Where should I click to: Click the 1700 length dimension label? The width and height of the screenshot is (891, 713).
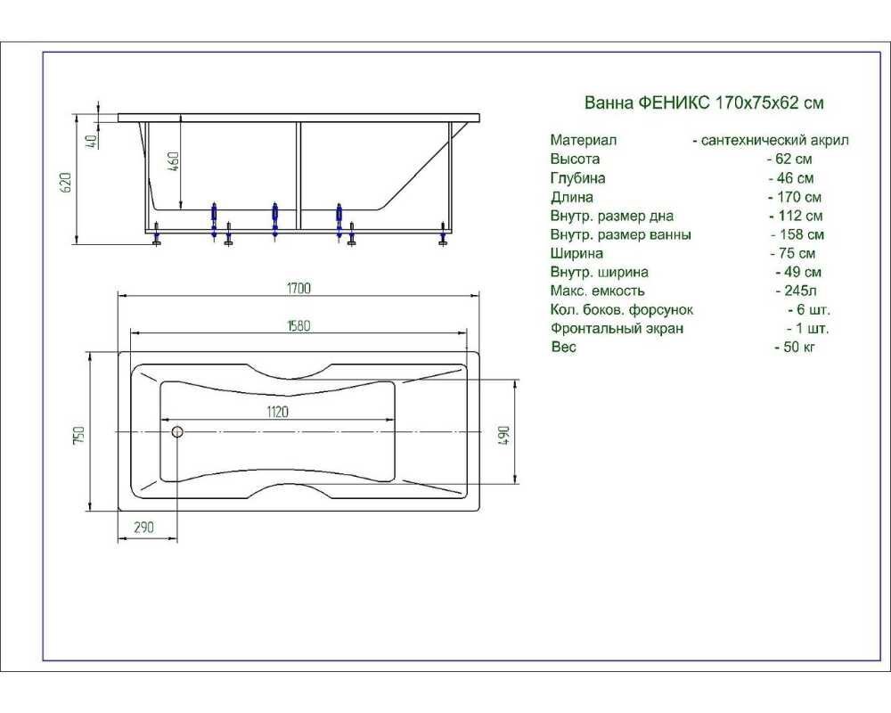[x=298, y=288]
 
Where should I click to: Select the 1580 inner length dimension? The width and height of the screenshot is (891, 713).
[x=298, y=326]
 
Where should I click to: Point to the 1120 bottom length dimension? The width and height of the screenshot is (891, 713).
[x=277, y=412]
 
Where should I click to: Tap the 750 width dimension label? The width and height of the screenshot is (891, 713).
[x=78, y=436]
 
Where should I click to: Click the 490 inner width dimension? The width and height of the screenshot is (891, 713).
[x=504, y=435]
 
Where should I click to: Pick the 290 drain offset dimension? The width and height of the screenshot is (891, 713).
[x=143, y=527]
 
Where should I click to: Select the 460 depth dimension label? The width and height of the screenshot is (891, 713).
[x=175, y=162]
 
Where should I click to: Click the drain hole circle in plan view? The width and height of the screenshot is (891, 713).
[x=177, y=431]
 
